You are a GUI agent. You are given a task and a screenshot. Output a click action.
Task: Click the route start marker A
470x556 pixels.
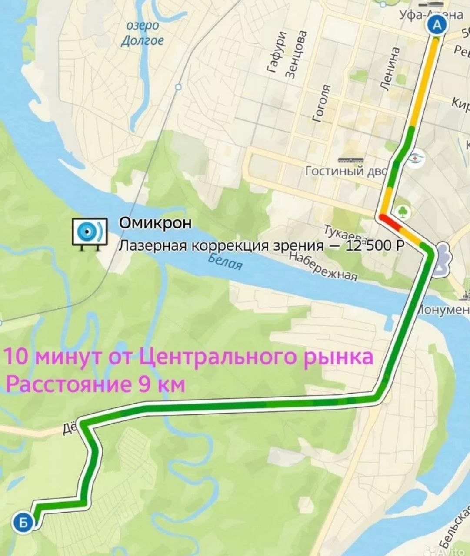(437, 25)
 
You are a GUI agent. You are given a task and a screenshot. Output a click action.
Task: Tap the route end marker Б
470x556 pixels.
(23, 522)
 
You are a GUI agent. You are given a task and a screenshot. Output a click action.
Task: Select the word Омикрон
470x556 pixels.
(155, 223)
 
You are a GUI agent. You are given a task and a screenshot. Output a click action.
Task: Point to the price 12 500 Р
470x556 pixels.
(374, 246)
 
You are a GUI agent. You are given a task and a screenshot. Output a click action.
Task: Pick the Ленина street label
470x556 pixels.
(390, 69)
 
